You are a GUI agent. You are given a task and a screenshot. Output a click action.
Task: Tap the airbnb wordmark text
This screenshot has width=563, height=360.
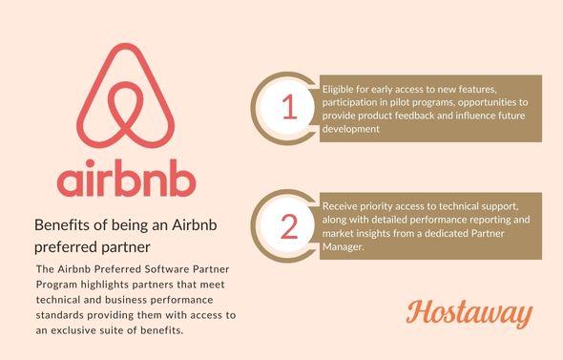click(126, 181)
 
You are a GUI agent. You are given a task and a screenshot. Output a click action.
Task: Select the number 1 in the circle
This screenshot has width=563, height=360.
click(290, 108)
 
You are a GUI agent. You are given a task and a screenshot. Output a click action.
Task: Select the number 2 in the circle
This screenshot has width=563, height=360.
click(290, 225)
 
